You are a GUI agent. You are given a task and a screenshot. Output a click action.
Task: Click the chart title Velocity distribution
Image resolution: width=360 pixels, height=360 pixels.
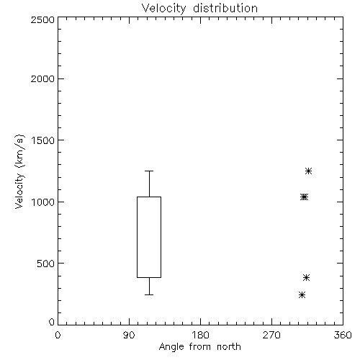[x=199, y=8]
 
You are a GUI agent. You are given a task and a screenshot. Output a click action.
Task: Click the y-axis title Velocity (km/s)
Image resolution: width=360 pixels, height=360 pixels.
[x=19, y=171]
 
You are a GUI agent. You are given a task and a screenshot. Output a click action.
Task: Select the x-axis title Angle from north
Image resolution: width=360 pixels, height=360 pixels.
[x=199, y=347]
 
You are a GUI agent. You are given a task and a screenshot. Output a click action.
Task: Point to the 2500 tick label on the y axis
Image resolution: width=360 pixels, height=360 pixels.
[x=42, y=19]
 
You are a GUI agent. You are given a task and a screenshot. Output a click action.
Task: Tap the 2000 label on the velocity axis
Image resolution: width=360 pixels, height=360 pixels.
[x=42, y=78]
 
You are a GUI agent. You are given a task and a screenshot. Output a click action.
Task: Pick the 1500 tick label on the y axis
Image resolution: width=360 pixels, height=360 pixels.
[x=43, y=140]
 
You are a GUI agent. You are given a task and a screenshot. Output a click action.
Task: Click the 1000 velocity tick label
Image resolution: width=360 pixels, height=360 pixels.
[x=43, y=202]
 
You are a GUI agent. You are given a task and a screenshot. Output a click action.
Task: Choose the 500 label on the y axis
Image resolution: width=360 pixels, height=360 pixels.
[x=46, y=264]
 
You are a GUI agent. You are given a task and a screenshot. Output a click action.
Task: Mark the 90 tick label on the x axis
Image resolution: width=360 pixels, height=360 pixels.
[x=129, y=335]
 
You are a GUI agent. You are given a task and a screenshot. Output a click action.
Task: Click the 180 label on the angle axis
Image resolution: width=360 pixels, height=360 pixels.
[x=200, y=335]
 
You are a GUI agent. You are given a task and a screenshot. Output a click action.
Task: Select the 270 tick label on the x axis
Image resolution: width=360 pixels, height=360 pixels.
[x=271, y=335]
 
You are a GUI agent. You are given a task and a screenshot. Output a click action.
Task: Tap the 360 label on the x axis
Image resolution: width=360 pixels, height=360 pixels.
[x=343, y=335]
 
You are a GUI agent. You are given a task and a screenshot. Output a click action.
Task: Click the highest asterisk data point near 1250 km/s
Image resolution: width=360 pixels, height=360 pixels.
[x=308, y=171]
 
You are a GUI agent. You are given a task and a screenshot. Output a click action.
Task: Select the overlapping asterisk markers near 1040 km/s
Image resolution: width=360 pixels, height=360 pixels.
[x=304, y=197]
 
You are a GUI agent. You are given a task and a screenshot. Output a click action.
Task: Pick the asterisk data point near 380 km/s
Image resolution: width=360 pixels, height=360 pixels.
[x=306, y=278]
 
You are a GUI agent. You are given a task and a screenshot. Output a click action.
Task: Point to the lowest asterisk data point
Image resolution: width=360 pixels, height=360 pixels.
[x=302, y=295]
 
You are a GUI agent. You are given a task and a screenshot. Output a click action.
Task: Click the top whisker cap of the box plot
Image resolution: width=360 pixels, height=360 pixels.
[x=149, y=171]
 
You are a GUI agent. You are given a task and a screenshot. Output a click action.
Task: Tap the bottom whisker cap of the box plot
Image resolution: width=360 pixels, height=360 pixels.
[x=149, y=294]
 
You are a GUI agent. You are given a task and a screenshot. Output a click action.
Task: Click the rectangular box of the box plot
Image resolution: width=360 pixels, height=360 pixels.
[x=137, y=237]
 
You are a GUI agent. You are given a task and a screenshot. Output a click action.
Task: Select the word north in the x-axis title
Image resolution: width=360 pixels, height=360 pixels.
[x=229, y=347]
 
